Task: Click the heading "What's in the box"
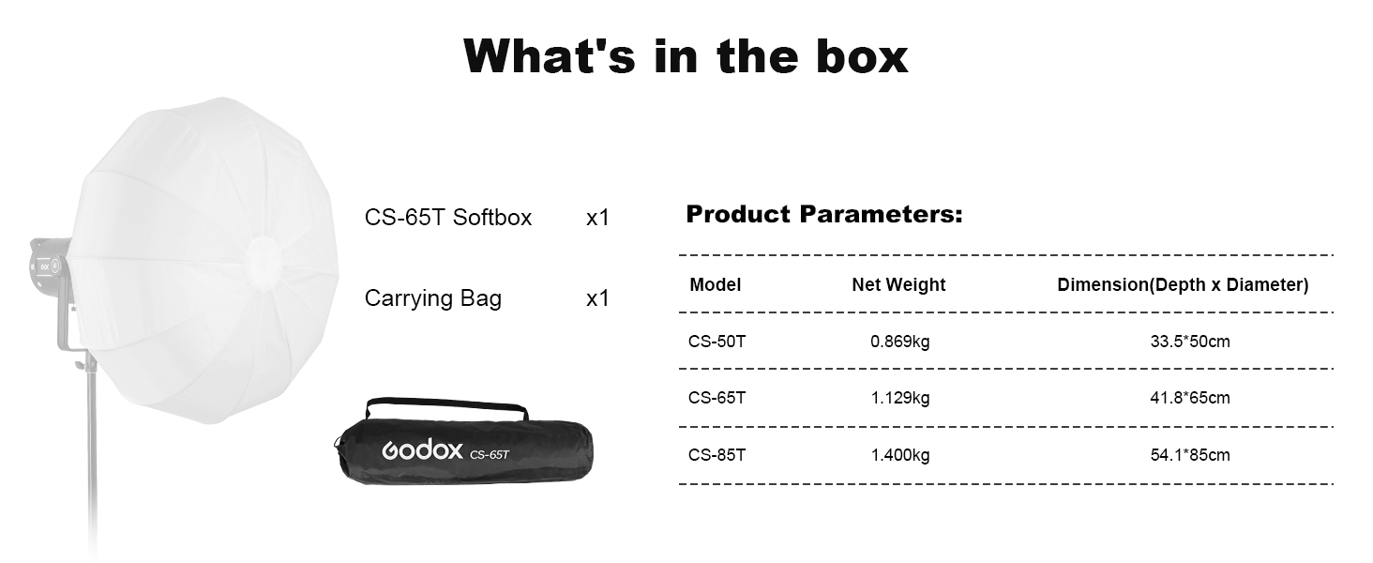point(686,55)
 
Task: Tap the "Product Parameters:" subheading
point(823,214)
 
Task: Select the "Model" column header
point(715,284)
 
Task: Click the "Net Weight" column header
point(898,284)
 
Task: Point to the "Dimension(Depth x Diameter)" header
point(1183,284)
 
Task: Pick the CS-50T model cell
point(717,341)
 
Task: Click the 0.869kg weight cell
point(899,342)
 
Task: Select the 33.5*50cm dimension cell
point(1190,341)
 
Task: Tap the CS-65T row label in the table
point(717,398)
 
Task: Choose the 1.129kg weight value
point(899,399)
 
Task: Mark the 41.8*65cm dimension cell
point(1190,398)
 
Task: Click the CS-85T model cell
point(717,455)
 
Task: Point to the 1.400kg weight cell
point(899,456)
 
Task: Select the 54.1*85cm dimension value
point(1190,455)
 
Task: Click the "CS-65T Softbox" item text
point(448,217)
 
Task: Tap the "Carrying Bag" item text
point(432,298)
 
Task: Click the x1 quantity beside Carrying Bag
point(597,298)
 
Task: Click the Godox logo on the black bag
point(422,449)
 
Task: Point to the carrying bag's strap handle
point(445,403)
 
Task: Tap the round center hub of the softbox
point(264,265)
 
